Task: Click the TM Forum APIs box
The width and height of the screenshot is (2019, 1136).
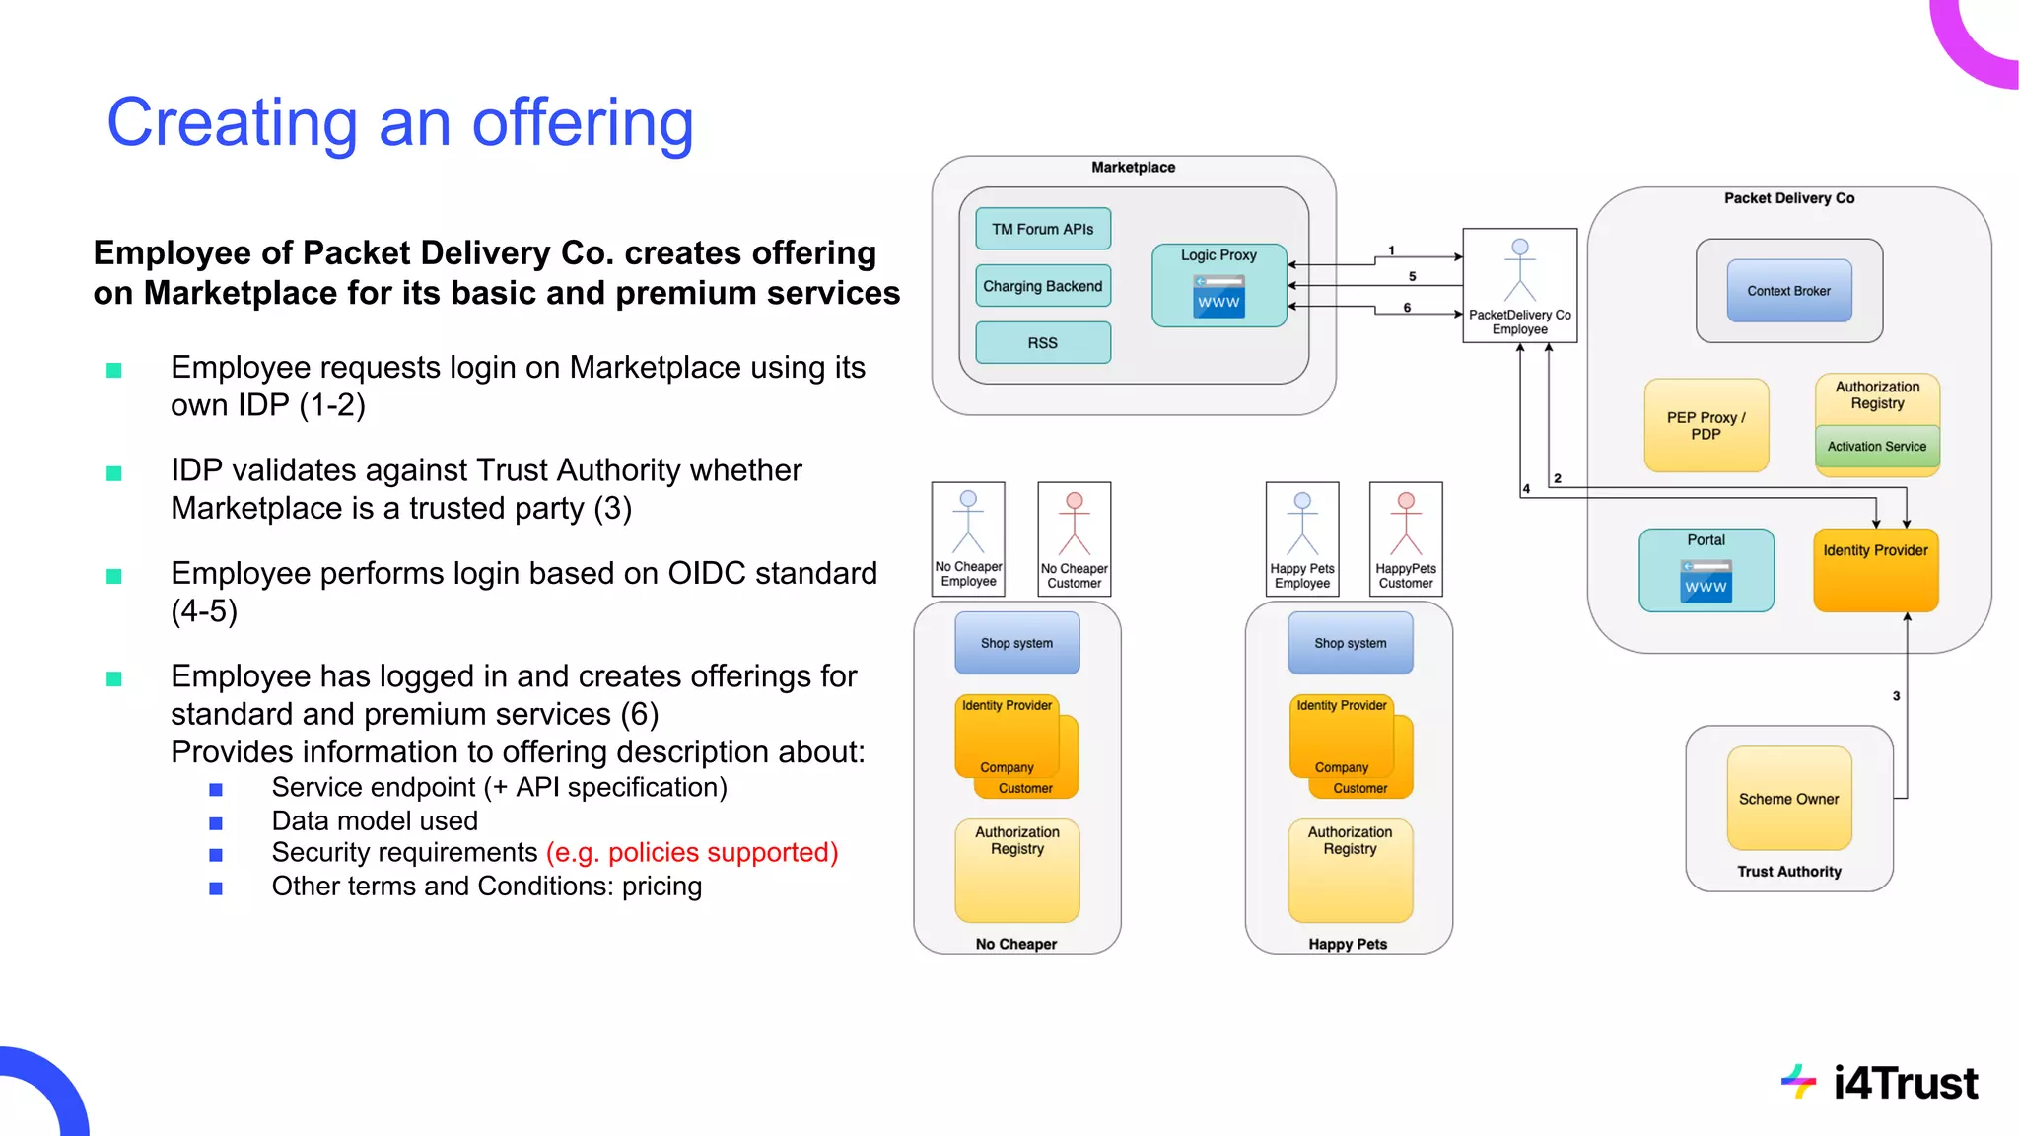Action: pyautogui.click(x=1042, y=229)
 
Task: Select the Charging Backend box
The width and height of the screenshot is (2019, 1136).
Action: pyautogui.click(x=1042, y=286)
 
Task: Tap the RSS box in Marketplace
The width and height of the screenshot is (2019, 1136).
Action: pyautogui.click(x=1042, y=343)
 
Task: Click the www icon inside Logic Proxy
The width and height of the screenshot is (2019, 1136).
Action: pyautogui.click(x=1218, y=297)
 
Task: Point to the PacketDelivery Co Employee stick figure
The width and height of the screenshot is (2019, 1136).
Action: pyautogui.click(x=1519, y=270)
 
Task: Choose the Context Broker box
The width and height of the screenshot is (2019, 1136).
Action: pyautogui.click(x=1788, y=291)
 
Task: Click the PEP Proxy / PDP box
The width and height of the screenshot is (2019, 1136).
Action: pyautogui.click(x=1706, y=425)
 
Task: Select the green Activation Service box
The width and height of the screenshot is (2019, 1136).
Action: pyautogui.click(x=1876, y=447)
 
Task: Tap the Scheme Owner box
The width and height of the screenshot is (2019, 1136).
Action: pyautogui.click(x=1788, y=799)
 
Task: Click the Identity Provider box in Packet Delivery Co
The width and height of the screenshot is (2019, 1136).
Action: pyautogui.click(x=1875, y=570)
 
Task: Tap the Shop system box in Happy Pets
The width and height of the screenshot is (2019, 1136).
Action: pyautogui.click(x=1350, y=643)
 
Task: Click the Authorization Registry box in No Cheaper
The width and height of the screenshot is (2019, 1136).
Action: pyautogui.click(x=1016, y=869)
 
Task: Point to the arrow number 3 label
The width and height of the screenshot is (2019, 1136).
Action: pyautogui.click(x=1896, y=696)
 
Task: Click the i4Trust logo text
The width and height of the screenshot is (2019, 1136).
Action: pyautogui.click(x=1904, y=1083)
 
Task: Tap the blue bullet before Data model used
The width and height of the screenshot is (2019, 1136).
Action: pyautogui.click(x=216, y=822)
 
